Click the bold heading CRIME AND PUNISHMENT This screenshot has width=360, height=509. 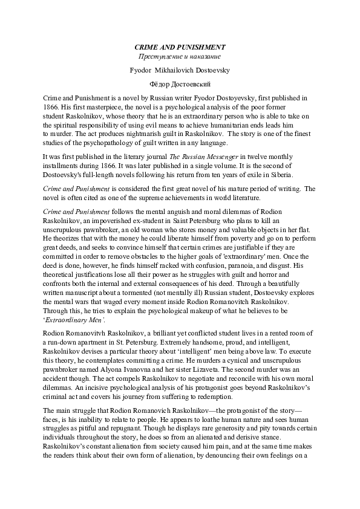click(180, 47)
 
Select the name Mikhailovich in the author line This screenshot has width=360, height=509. click(179, 70)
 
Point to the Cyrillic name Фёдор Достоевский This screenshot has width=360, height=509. click(180, 84)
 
